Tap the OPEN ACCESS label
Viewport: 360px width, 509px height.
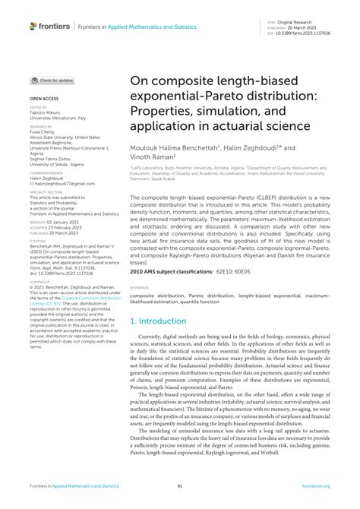pyautogui.click(x=44, y=100)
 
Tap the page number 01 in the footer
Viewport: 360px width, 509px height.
pyautogui.click(x=180, y=486)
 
